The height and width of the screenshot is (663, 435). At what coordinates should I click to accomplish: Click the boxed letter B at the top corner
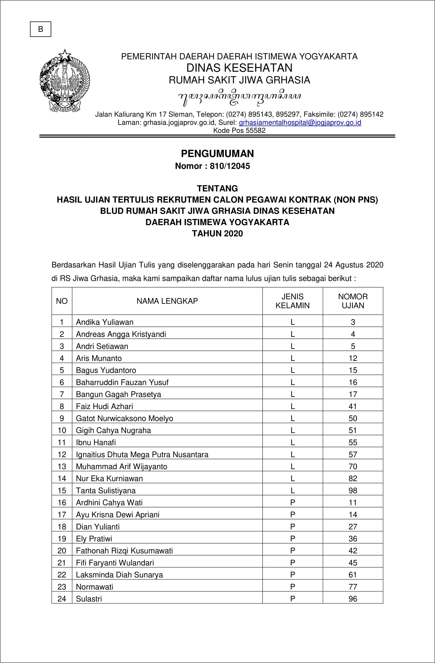click(41, 29)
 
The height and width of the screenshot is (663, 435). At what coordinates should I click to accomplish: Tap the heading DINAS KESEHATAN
click(239, 68)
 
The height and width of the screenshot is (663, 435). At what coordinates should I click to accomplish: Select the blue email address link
click(300, 123)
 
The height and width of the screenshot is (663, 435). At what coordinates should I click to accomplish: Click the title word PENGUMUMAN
click(217, 154)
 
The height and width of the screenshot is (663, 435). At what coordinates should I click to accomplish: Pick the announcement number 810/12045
click(230, 166)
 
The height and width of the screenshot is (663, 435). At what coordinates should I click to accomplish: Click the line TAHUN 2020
click(217, 234)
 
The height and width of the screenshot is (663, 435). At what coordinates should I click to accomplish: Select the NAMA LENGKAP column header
click(167, 301)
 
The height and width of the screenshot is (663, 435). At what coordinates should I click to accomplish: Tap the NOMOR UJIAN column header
click(353, 301)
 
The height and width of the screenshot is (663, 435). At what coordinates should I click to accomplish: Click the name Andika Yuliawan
click(105, 322)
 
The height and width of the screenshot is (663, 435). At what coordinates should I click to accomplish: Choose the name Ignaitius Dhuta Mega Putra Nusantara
click(142, 454)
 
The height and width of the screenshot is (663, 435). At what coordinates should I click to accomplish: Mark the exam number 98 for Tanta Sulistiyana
click(353, 491)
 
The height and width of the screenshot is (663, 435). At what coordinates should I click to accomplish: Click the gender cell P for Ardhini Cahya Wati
click(292, 503)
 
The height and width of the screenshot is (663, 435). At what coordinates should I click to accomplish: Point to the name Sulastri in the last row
click(89, 599)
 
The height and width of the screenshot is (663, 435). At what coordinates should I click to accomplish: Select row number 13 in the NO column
click(62, 466)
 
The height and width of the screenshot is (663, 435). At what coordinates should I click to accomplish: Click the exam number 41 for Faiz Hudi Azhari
click(353, 406)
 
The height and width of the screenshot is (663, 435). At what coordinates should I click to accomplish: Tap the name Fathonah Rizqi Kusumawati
click(124, 550)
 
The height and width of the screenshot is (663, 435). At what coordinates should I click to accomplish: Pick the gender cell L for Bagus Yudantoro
click(292, 370)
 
